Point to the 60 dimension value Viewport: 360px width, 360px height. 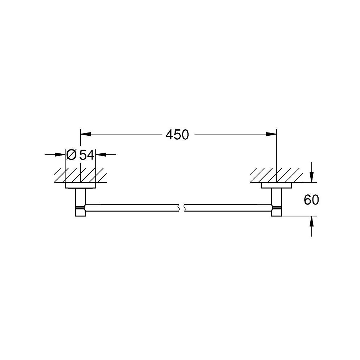point(311,200)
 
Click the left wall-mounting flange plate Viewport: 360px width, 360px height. point(81,186)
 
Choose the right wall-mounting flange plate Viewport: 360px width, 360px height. point(276,186)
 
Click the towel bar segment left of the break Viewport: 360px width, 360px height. point(133,208)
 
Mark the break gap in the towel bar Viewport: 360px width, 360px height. point(182,208)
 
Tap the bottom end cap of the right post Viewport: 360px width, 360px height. point(277,213)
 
